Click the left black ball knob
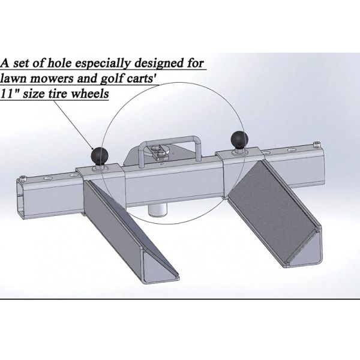[x=100, y=155]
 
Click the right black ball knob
[x=239, y=139]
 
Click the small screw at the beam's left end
[x=23, y=178]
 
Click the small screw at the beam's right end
[x=317, y=143]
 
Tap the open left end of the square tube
[x=20, y=198]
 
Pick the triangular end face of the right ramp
[x=305, y=251]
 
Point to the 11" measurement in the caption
[x=9, y=93]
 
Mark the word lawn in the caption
[x=14, y=78]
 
